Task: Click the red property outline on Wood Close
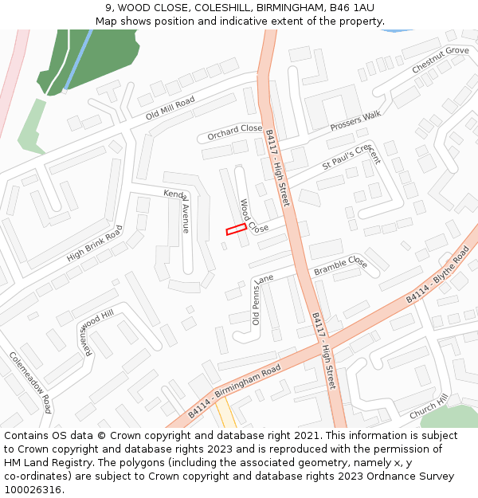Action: [236, 229]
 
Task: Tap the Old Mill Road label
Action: [170, 108]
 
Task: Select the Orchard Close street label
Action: [235, 132]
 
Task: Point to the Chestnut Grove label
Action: [441, 61]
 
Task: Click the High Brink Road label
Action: [95, 244]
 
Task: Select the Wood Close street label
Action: [253, 217]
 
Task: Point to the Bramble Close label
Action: [340, 266]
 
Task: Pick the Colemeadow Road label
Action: [31, 382]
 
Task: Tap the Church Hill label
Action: [429, 407]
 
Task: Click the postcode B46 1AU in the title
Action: [352, 7]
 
